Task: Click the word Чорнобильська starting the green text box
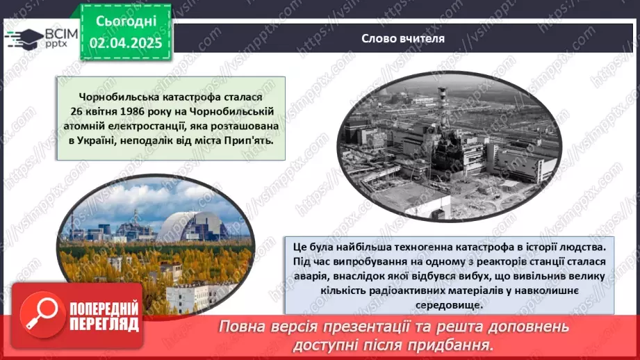(115, 97)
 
